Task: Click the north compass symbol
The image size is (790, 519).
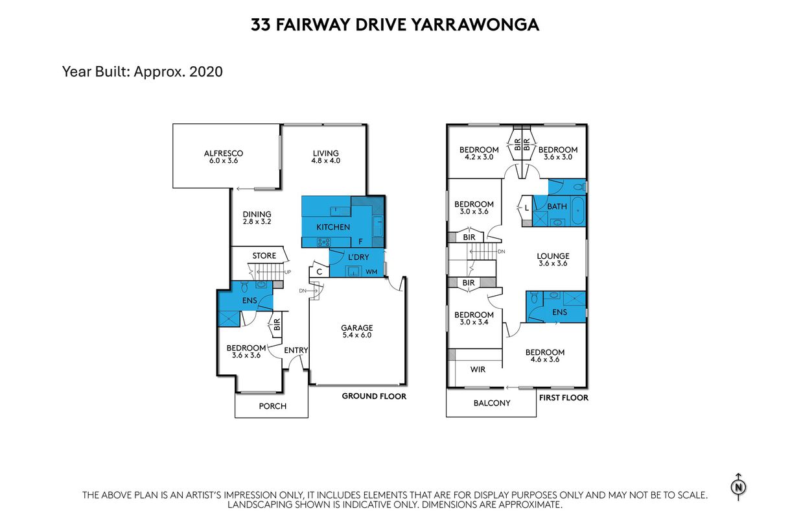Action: point(739,488)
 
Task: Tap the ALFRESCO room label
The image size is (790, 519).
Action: point(224,154)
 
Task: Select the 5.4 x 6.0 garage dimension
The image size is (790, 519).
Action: point(357,335)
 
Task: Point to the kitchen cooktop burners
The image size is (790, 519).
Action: point(324,242)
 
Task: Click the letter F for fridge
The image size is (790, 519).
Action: point(360,242)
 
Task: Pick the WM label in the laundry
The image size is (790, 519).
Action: point(371,272)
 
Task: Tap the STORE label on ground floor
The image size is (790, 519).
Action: point(264,256)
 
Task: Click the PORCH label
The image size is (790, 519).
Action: point(273,406)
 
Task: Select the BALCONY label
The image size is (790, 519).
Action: point(492,403)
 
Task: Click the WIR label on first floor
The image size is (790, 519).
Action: point(478,369)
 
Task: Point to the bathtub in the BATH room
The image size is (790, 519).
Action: point(577,211)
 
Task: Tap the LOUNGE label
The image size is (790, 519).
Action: point(553,256)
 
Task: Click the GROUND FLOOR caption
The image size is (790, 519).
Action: point(374,396)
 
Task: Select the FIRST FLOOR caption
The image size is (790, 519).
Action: point(564,398)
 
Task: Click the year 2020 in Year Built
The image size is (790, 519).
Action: point(206,71)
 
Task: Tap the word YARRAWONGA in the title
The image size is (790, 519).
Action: point(475,25)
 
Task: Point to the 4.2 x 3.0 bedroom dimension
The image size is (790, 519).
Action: point(479,157)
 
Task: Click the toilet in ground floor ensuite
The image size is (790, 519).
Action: point(244,287)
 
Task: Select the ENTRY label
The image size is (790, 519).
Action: point(296,350)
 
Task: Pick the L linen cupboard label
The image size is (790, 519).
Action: point(526,208)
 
